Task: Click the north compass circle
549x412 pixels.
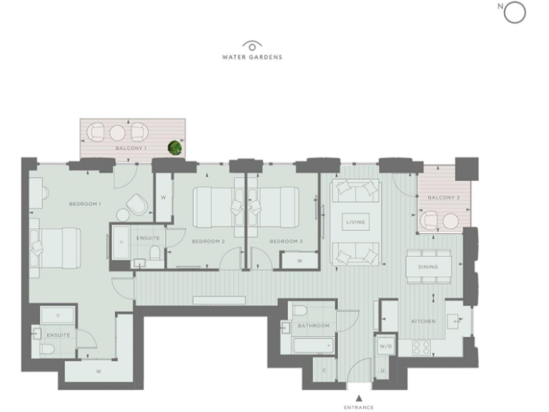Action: click(x=515, y=12)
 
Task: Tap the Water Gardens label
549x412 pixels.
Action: click(x=252, y=57)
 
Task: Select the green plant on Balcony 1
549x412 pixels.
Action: click(x=174, y=147)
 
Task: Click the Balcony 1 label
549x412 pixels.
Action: click(x=131, y=148)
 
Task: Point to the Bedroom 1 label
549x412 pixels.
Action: click(x=84, y=205)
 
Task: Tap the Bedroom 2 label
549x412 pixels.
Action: click(x=208, y=242)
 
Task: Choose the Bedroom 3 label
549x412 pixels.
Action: click(x=285, y=242)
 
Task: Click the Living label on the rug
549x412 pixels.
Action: click(x=355, y=222)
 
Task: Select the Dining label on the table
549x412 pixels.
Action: click(x=428, y=267)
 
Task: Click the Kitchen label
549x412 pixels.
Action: click(x=423, y=322)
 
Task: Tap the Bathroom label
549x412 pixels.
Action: click(x=315, y=326)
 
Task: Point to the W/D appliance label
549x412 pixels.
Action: click(x=386, y=346)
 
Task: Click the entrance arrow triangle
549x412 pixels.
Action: click(x=359, y=398)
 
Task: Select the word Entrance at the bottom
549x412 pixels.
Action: click(x=359, y=408)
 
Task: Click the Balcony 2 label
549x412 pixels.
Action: click(x=443, y=197)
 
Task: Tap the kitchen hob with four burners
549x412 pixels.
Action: click(x=421, y=348)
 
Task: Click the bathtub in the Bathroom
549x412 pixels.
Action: click(x=314, y=346)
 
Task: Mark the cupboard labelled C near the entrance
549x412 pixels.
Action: click(x=323, y=370)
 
